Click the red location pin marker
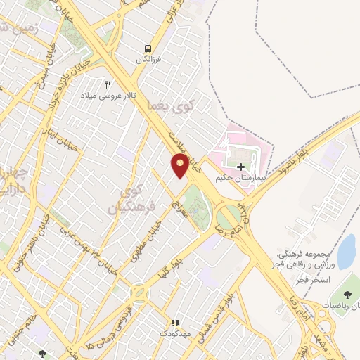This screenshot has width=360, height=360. click(180, 165)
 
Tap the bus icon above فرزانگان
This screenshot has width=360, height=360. click(148, 48)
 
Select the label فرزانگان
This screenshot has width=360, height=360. click(148, 60)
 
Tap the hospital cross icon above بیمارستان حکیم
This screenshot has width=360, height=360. click(241, 167)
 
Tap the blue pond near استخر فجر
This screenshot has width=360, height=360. click(346, 252)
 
